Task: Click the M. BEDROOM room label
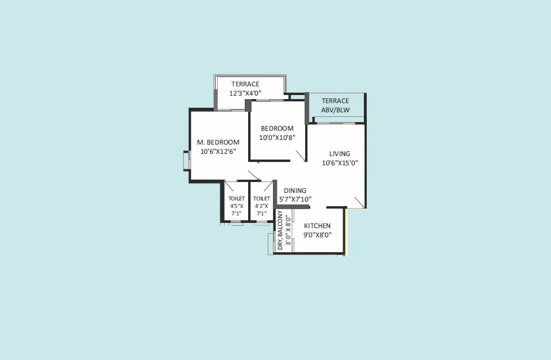pos(218,142)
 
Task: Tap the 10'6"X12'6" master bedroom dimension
pos(218,151)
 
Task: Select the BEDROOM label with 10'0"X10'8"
pos(277,128)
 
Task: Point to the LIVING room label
pos(340,154)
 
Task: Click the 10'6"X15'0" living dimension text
pos(340,163)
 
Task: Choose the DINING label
pos(295,191)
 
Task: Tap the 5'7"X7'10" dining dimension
pos(295,199)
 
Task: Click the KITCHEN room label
pos(317,226)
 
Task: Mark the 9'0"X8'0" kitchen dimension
pos(317,235)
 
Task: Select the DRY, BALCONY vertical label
pos(280,230)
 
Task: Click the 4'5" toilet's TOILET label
pos(237,199)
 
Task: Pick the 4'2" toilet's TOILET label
pos(262,199)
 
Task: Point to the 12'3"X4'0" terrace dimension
pos(245,93)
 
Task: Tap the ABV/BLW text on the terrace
pos(336,109)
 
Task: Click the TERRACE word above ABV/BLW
pos(336,101)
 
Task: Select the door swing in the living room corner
pos(359,202)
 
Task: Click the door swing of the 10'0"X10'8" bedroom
pos(301,156)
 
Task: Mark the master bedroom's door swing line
pos(254,176)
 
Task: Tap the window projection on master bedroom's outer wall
pos(186,161)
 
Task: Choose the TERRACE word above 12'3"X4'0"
pos(245,84)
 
